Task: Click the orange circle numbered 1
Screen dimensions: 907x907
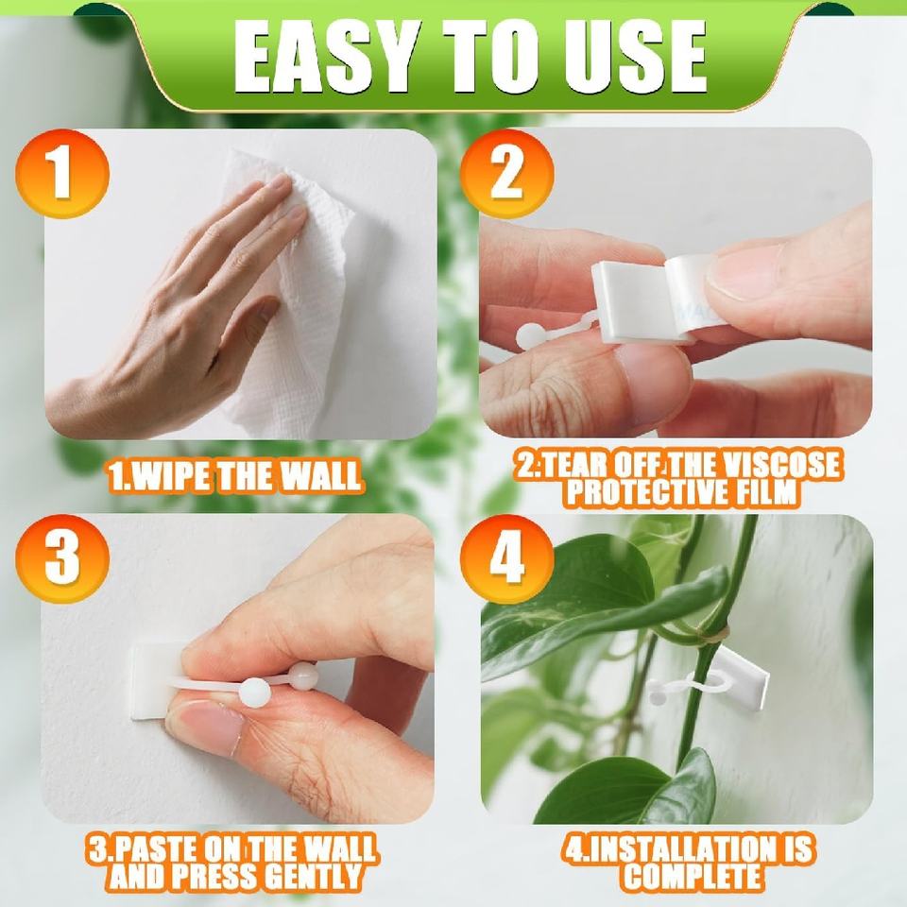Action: point(62,174)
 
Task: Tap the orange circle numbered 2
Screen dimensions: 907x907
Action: point(506,174)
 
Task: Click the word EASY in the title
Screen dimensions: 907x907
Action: point(327,57)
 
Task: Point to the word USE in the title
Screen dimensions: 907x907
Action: point(630,57)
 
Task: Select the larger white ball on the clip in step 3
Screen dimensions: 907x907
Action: point(254,693)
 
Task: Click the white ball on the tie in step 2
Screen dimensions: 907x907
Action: point(529,336)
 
